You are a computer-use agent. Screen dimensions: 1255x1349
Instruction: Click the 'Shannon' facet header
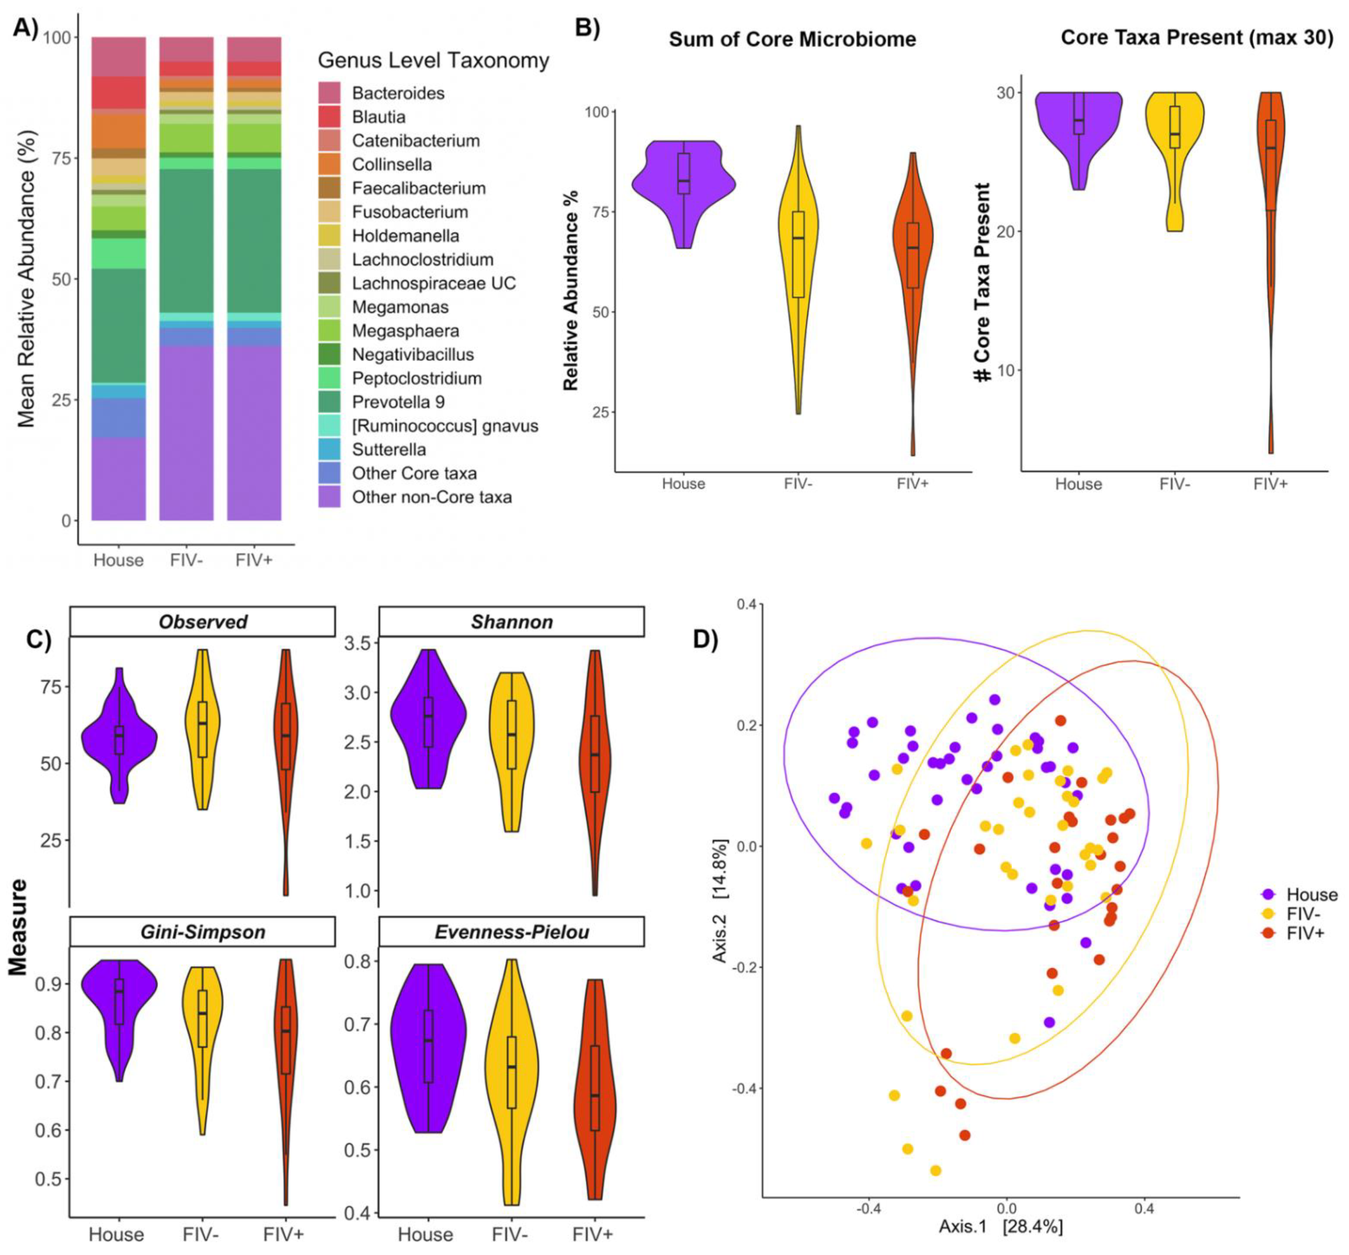(x=512, y=622)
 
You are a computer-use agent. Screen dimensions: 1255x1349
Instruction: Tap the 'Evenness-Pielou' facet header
(x=512, y=932)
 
